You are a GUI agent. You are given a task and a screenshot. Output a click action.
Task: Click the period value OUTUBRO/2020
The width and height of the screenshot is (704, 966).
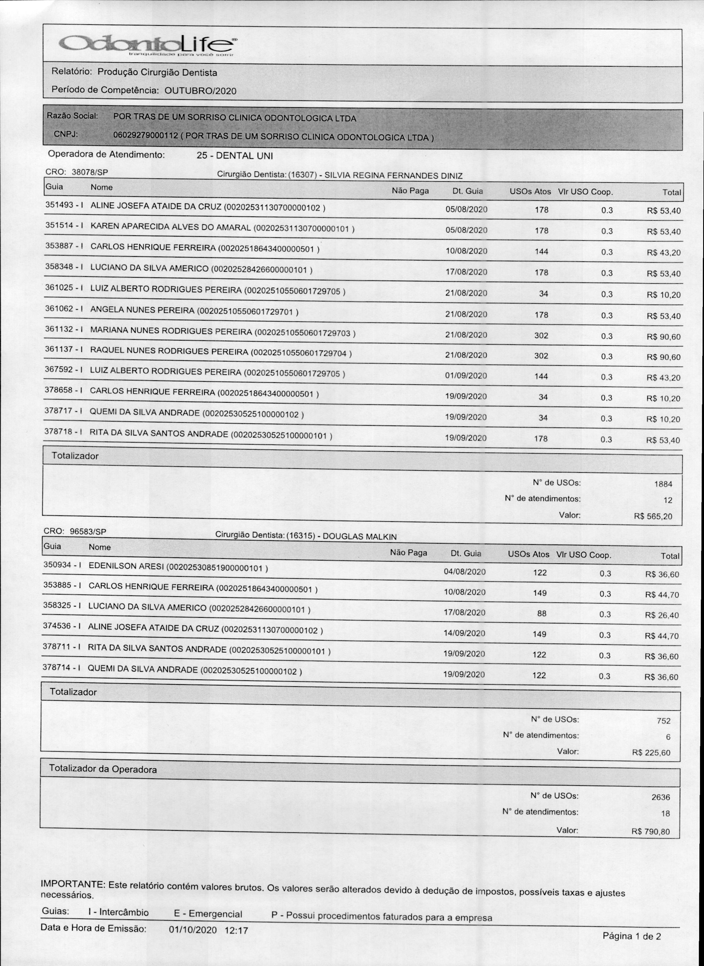point(200,91)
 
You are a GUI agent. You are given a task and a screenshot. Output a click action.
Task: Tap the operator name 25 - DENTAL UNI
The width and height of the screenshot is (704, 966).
point(234,156)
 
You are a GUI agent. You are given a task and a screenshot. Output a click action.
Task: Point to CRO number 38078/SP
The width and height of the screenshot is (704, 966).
point(90,172)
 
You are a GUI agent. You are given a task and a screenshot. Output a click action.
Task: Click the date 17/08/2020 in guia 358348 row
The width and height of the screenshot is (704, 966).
point(466,272)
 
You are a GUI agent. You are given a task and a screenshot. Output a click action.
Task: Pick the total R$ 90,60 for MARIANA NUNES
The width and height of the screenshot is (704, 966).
point(663,337)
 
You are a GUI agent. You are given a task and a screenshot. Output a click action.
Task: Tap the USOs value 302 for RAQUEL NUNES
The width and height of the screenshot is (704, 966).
point(541,356)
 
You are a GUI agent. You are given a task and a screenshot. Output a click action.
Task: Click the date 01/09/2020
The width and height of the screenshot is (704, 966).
point(466,376)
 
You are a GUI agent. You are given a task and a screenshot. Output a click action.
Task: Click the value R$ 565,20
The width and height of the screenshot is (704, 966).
point(653,516)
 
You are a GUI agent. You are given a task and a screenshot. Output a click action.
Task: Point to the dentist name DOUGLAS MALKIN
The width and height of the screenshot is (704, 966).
point(360,536)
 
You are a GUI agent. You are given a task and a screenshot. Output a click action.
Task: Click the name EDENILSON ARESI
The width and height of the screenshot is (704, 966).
point(126,567)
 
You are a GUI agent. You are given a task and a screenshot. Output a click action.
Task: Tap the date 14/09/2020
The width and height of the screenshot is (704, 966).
point(464,633)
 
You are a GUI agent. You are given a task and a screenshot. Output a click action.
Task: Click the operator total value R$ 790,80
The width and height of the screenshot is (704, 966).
point(651,831)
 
